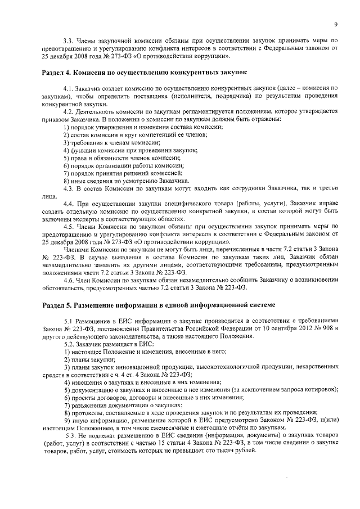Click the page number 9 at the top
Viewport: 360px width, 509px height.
click(335, 24)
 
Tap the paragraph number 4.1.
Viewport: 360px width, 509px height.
click(70, 89)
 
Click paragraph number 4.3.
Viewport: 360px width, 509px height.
click(70, 189)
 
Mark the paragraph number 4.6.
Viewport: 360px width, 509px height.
click(70, 280)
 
